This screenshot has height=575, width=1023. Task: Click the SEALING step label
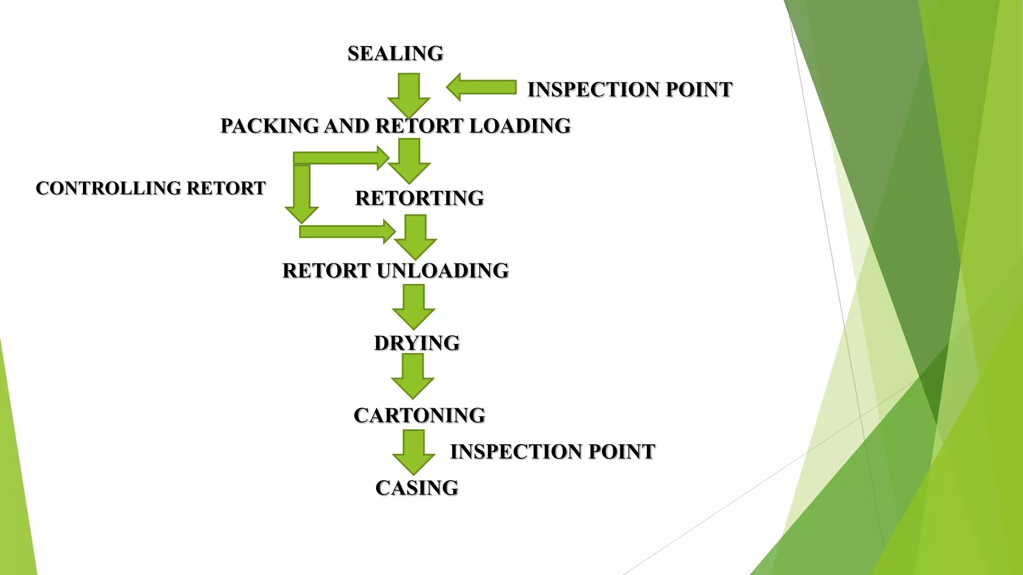point(395,53)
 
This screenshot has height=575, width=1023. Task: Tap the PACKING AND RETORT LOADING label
point(395,126)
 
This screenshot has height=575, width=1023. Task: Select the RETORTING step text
point(419,198)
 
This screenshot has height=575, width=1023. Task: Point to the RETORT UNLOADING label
point(395,271)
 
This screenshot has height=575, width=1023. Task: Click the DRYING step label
point(417,343)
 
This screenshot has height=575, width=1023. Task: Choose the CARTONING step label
point(419,415)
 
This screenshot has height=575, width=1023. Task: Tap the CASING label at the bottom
point(417,488)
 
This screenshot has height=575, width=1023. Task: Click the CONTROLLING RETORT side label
point(150,188)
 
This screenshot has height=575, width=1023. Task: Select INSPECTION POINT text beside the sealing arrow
point(629,89)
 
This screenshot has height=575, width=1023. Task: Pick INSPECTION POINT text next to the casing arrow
point(552,451)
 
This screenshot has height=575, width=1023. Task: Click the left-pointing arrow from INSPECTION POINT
point(481,87)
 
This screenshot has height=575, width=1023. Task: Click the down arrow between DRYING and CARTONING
point(413,375)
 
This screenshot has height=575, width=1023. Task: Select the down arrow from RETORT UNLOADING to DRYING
point(414,306)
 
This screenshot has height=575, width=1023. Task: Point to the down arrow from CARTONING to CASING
point(414,452)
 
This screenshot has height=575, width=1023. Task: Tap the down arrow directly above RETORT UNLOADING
point(416,237)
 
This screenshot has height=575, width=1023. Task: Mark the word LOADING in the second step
point(519,126)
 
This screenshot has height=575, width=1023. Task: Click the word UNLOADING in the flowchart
point(443,271)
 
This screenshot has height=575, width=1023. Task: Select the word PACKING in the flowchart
point(270,126)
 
